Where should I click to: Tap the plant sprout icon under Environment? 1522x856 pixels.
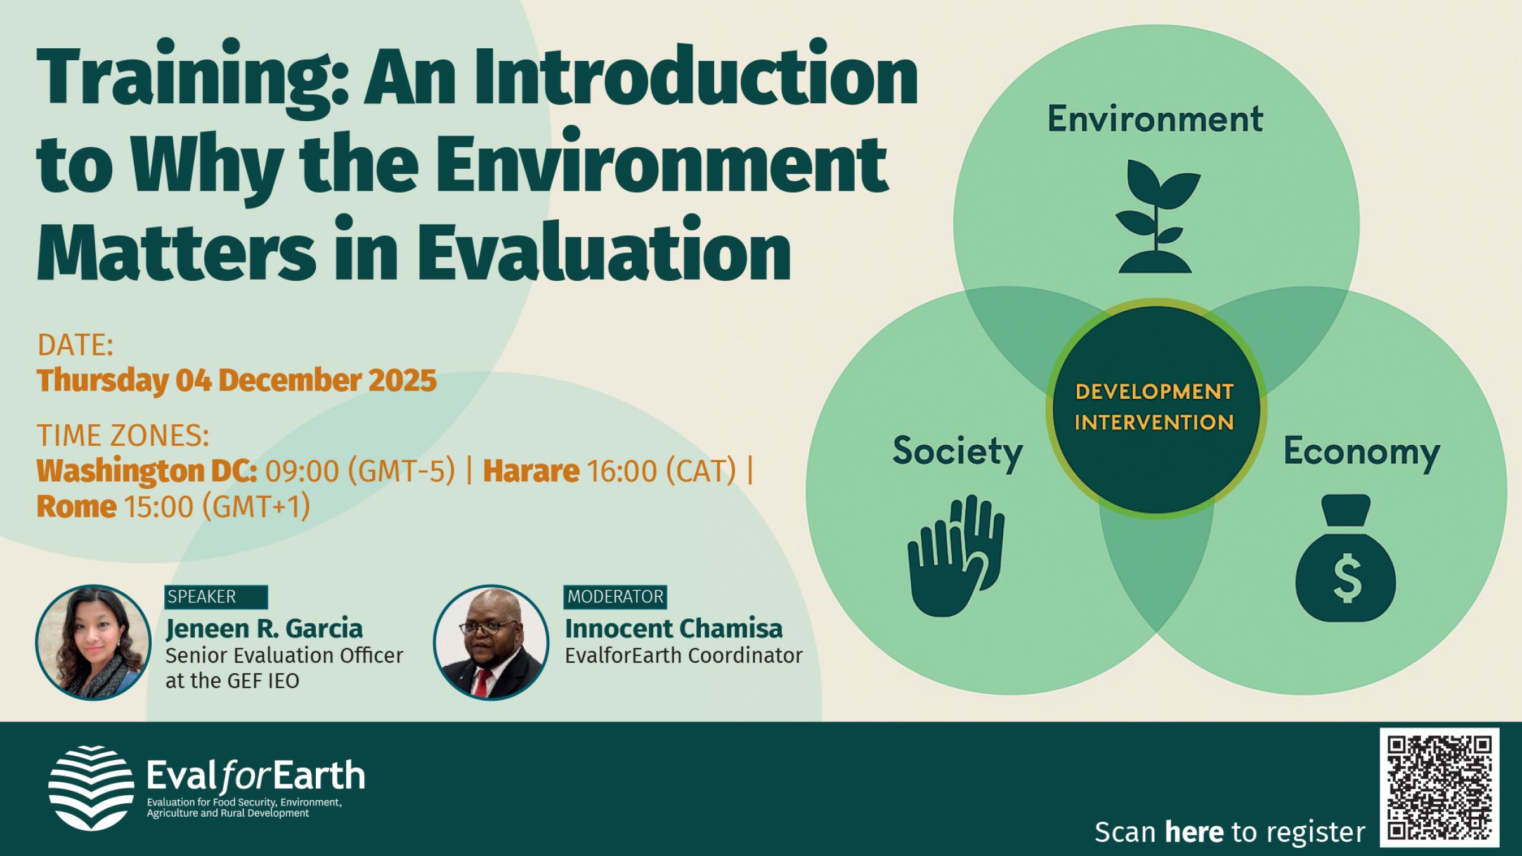pyautogui.click(x=1157, y=216)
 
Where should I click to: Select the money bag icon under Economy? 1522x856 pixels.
pyautogui.click(x=1346, y=558)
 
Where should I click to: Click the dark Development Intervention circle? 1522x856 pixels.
pyautogui.click(x=1156, y=408)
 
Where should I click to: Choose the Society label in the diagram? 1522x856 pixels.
pyautogui.click(x=958, y=452)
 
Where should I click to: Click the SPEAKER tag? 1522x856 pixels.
pyautogui.click(x=216, y=597)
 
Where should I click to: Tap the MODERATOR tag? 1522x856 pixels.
pyautogui.click(x=615, y=597)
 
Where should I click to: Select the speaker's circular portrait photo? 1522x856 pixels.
pyautogui.click(x=93, y=642)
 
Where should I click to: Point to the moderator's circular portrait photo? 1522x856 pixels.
pyautogui.click(x=491, y=642)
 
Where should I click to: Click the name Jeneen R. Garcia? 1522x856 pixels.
pyautogui.click(x=264, y=629)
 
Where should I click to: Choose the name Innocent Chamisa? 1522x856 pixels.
pyautogui.click(x=673, y=629)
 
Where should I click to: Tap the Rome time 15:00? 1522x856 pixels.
pyautogui.click(x=158, y=507)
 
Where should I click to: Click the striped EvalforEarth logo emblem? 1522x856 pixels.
pyautogui.click(x=91, y=788)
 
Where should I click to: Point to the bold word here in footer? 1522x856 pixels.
pyautogui.click(x=1194, y=832)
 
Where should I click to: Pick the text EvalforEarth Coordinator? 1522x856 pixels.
pyautogui.click(x=684, y=656)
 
